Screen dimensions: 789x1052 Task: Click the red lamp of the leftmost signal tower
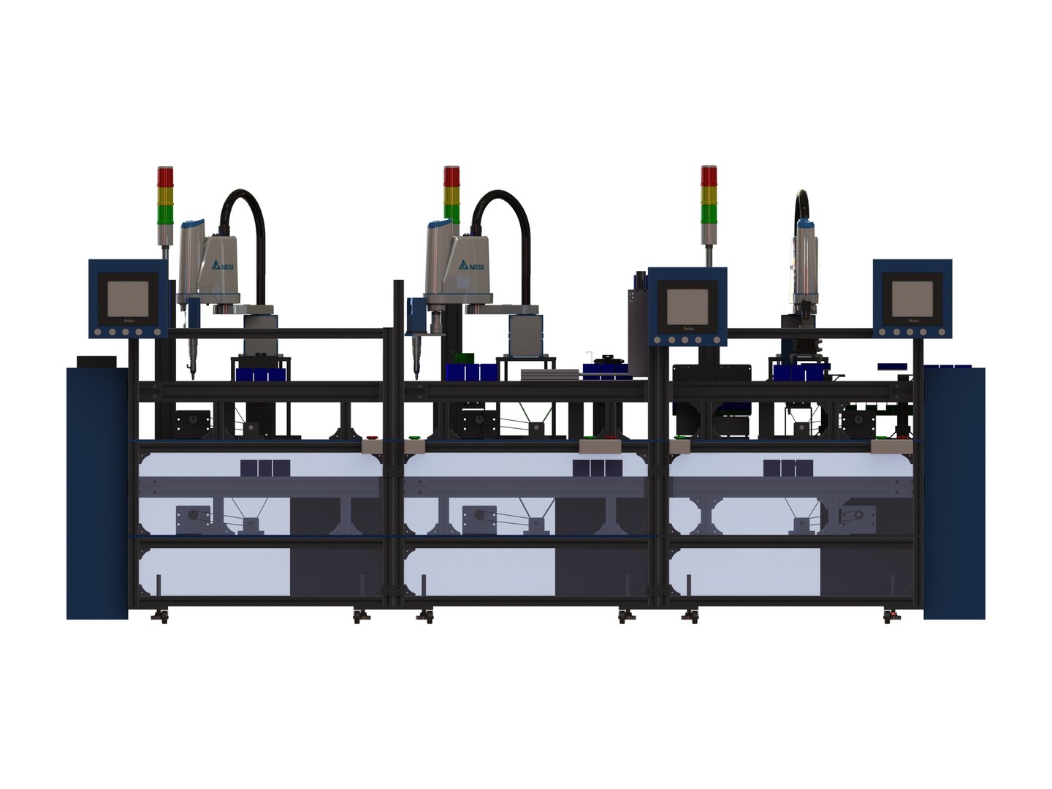point(166,176)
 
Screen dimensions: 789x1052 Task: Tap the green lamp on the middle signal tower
point(452,213)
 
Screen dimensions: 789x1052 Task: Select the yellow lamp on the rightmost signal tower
point(709,195)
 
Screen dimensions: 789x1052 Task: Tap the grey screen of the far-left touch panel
point(128,299)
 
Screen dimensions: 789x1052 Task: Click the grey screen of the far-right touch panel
point(912,299)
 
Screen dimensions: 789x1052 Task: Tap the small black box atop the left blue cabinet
point(96,362)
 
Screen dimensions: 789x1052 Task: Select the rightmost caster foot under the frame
point(889,617)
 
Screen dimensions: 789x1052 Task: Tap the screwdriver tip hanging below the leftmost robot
point(192,371)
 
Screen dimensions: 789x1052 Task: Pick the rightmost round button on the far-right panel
point(936,332)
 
